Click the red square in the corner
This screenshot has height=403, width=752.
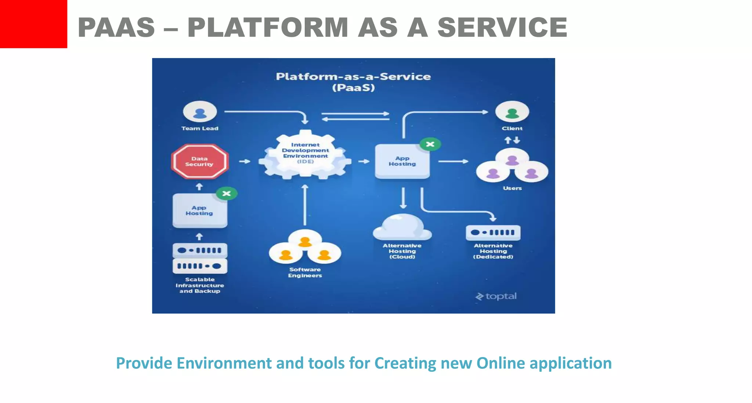33,24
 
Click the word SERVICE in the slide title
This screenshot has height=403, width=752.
502,28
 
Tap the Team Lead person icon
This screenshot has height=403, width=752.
200,112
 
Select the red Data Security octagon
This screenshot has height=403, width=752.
199,162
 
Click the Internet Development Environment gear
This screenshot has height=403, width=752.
305,154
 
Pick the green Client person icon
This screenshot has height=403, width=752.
512,112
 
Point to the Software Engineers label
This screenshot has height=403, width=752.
305,272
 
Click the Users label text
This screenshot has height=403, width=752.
512,188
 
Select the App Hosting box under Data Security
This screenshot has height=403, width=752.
199,211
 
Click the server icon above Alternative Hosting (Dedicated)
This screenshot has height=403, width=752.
493,232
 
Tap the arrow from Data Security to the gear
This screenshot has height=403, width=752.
245,161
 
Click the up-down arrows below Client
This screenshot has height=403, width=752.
512,140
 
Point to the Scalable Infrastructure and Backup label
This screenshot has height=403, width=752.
199,285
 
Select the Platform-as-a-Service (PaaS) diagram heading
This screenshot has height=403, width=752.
353,82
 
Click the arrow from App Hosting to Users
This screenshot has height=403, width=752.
453,161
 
